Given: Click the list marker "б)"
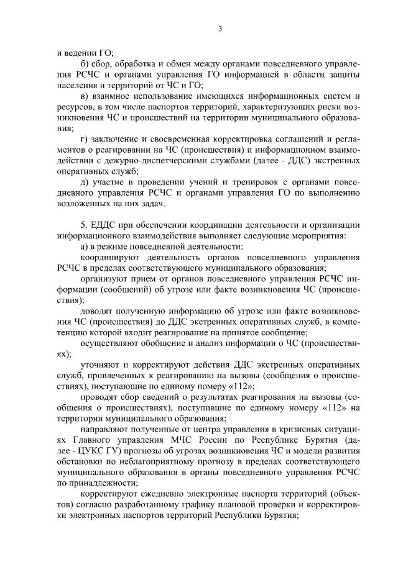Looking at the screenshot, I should [x=86, y=64].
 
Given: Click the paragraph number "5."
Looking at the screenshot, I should [x=85, y=225].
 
